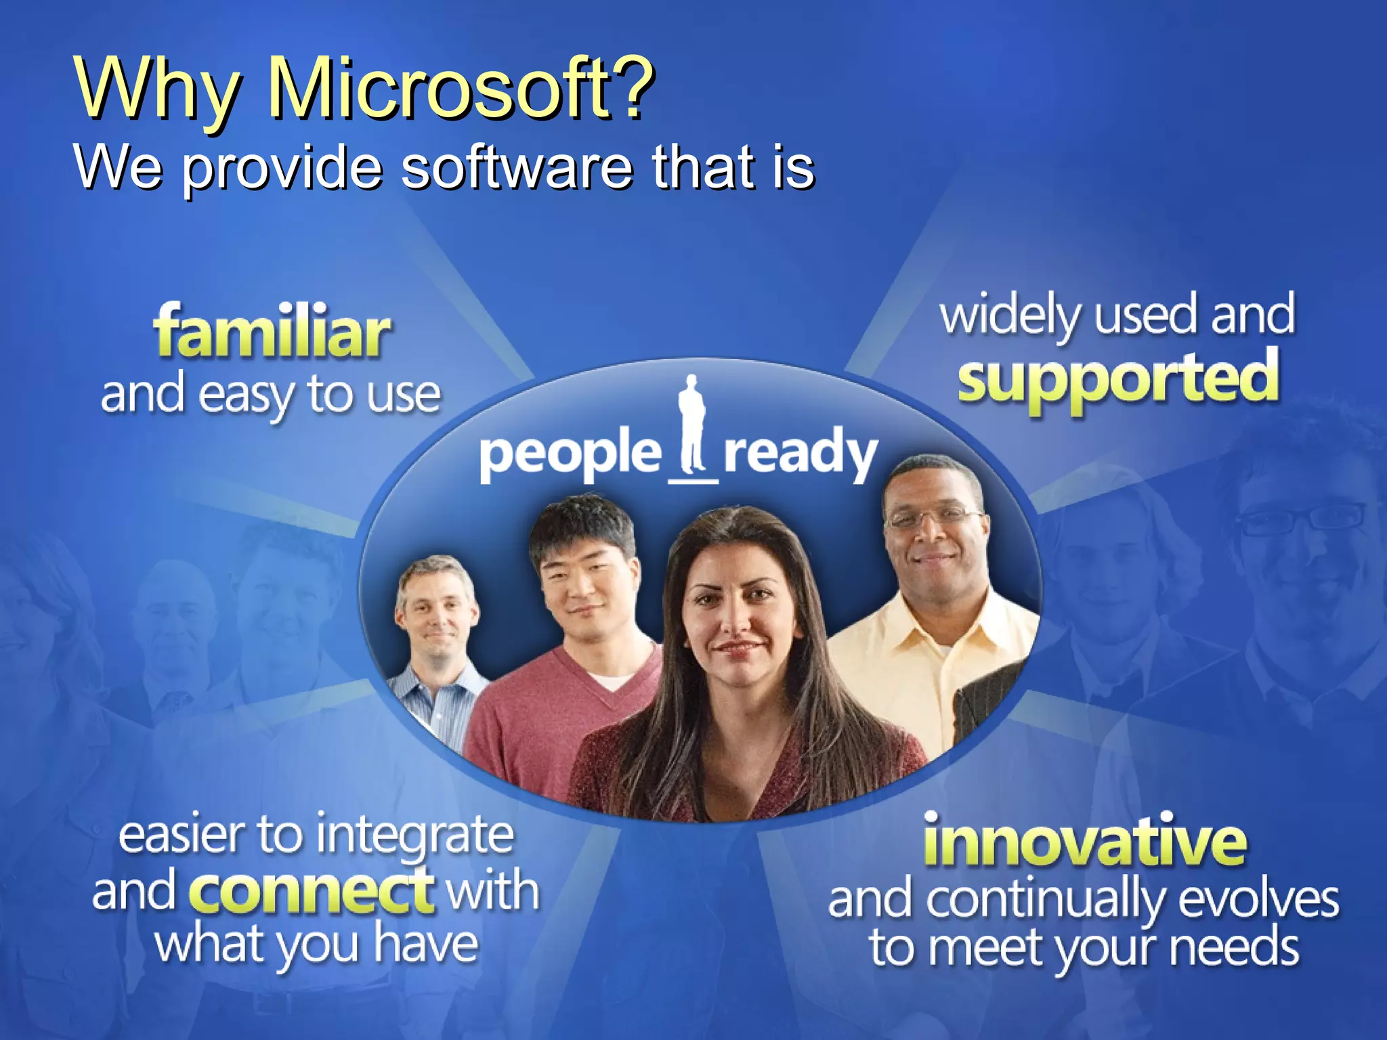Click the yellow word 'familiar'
click(x=272, y=332)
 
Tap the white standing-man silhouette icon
click(x=692, y=427)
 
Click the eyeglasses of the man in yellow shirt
click(x=935, y=518)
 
